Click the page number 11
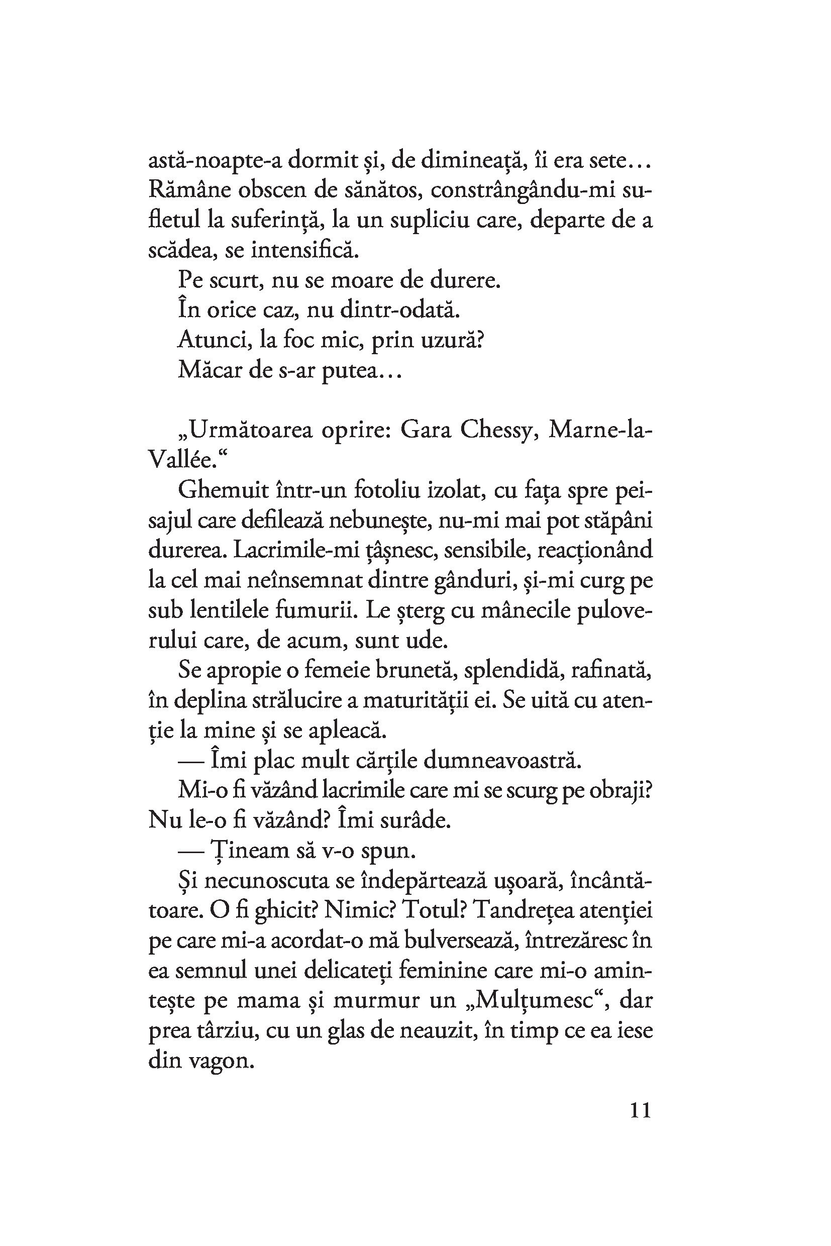point(640,1110)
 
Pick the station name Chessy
point(495,431)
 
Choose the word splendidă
point(510,670)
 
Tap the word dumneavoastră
point(502,761)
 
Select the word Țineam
point(243,851)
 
